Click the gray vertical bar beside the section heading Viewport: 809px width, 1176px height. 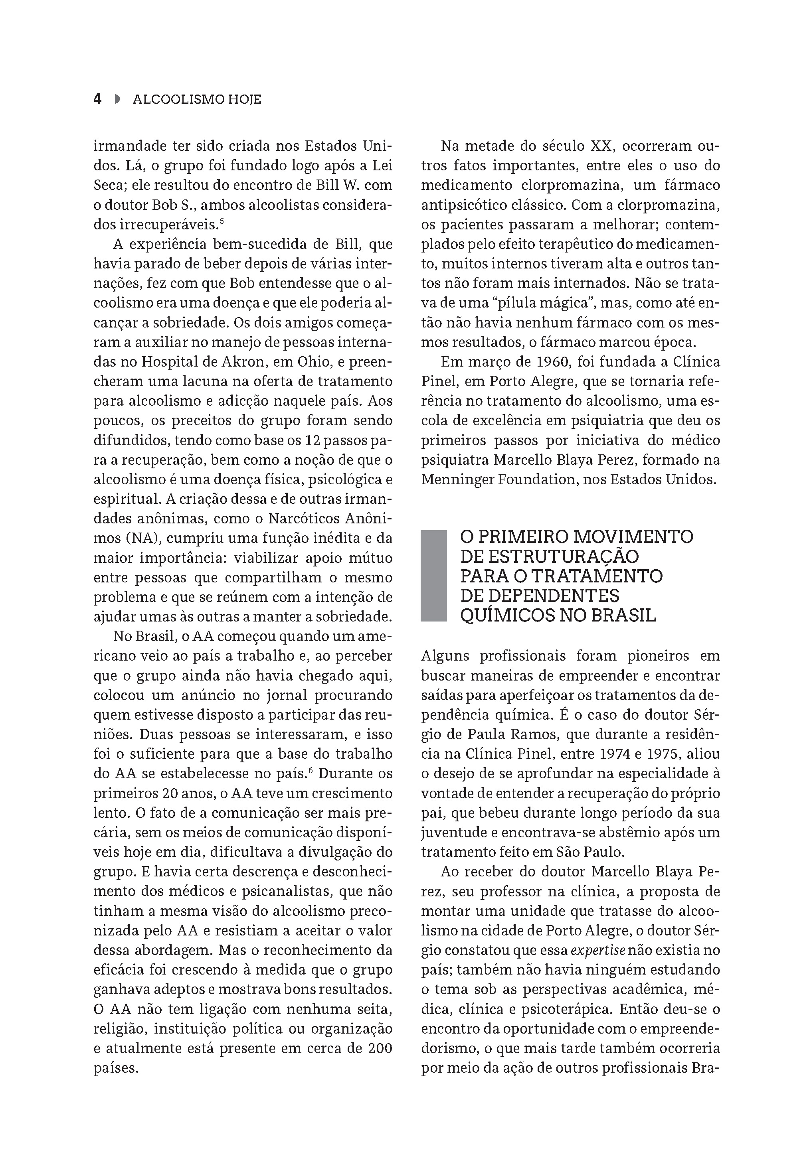[433, 576]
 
